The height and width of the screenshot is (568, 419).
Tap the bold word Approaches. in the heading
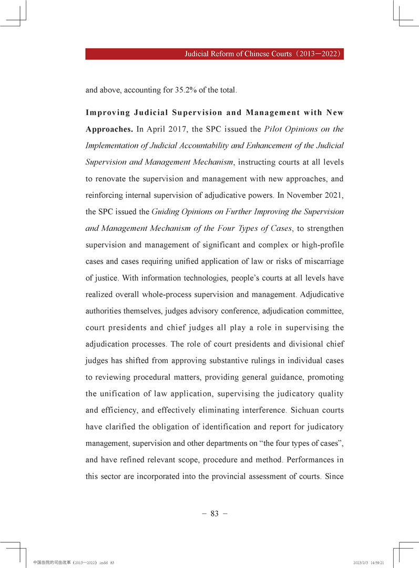(109, 129)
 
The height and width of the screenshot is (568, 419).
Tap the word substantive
(215, 361)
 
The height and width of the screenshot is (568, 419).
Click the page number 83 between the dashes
(214, 514)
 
